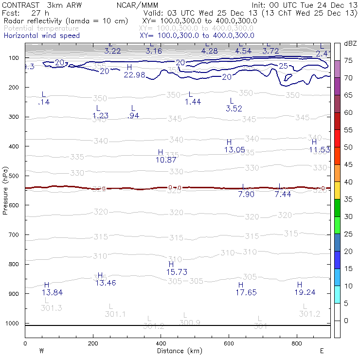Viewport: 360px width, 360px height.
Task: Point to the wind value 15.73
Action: [177, 272]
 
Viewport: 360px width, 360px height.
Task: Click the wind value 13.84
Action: [52, 292]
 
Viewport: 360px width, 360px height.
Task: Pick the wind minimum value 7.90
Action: [246, 195]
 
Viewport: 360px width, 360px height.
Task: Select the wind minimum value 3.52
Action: [234, 108]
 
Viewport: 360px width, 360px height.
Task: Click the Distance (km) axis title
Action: [178, 351]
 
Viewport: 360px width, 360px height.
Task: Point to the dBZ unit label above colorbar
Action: [350, 43]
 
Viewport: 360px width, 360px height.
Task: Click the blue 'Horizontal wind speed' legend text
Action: [41, 36]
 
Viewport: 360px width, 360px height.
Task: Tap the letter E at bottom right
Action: [322, 350]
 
